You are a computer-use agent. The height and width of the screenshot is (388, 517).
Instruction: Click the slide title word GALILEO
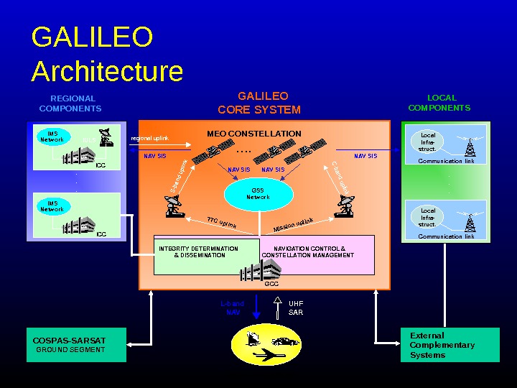pos(92,37)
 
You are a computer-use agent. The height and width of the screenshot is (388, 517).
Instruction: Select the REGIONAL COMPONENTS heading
pos(71,103)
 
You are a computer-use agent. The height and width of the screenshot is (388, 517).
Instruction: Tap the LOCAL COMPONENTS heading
pos(439,103)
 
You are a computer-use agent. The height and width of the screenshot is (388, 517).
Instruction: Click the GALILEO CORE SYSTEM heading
pos(260,103)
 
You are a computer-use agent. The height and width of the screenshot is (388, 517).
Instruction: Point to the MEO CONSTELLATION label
pos(254,134)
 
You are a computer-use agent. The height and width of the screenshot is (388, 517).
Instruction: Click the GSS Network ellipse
pos(258,194)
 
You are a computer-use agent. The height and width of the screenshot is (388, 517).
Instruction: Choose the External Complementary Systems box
pos(449,345)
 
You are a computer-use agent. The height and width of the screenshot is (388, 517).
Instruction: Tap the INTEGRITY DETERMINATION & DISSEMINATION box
pos(199,252)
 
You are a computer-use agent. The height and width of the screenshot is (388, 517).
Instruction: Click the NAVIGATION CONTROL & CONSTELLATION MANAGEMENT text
pos(309,252)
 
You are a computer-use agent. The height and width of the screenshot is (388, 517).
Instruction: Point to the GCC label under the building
pos(271,284)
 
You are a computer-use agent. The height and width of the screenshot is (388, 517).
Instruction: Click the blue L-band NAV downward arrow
pos(257,309)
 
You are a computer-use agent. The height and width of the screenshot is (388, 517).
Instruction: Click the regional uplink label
pos(149,138)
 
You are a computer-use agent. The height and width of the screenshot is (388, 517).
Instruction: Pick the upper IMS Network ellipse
pos(52,137)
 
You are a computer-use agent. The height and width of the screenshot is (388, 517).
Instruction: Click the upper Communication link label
pos(446,162)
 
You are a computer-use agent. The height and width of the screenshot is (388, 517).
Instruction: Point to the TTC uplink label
pos(222,223)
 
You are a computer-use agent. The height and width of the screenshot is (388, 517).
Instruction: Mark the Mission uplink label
pos(293,225)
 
